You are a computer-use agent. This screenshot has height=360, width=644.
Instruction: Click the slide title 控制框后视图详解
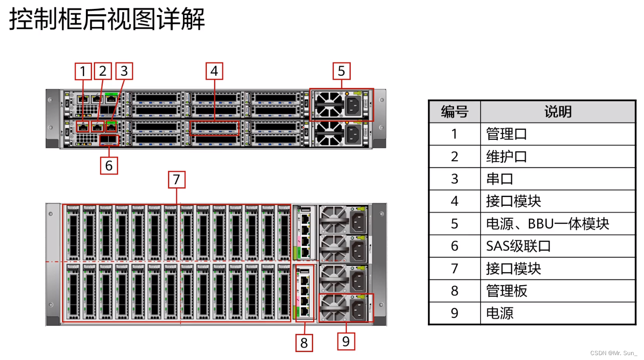point(107,20)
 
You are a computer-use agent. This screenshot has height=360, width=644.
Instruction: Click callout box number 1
point(83,71)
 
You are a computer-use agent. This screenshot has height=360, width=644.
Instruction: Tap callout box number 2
point(103,71)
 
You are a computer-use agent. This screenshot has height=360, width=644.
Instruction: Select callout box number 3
point(124,71)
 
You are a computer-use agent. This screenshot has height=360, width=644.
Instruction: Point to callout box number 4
point(214,71)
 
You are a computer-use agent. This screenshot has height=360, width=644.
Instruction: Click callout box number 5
point(341,71)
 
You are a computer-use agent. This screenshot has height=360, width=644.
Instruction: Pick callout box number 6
point(109,166)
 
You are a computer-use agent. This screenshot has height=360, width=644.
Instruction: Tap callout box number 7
point(176,180)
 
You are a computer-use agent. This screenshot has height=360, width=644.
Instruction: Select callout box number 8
point(304,343)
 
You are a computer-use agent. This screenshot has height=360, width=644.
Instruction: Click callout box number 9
point(346,341)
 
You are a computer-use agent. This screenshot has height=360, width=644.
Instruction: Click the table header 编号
point(454,112)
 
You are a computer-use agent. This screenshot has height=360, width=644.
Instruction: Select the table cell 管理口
point(507,134)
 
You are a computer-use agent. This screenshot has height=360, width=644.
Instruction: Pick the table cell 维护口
point(507,157)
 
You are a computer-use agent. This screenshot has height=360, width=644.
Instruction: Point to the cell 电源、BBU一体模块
point(547,224)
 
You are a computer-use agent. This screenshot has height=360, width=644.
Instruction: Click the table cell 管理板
point(507,291)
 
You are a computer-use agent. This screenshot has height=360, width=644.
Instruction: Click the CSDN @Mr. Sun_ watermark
point(614,353)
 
